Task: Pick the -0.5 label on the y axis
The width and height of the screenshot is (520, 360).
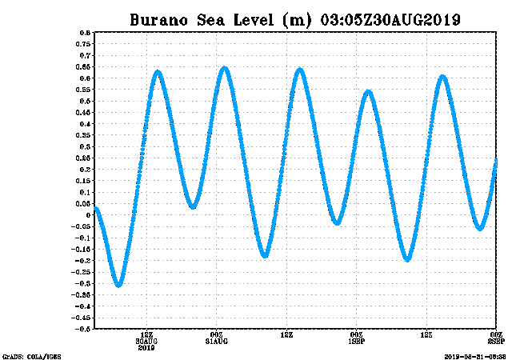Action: pyautogui.click(x=82, y=328)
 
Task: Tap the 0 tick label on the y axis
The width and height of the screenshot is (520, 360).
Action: pyautogui.click(x=87, y=214)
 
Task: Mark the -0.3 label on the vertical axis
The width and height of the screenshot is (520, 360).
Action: pyautogui.click(x=82, y=282)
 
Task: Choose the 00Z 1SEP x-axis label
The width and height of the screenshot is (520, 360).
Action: pyautogui.click(x=357, y=338)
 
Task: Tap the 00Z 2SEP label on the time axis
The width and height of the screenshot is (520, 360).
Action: pyautogui.click(x=495, y=338)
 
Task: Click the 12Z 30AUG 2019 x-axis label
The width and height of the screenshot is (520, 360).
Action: pyautogui.click(x=146, y=341)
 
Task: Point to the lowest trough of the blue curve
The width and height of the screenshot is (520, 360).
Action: pyautogui.click(x=118, y=285)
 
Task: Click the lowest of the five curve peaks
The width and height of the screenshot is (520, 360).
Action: pyautogui.click(x=368, y=91)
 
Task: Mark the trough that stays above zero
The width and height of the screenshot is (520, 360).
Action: pyautogui.click(x=193, y=207)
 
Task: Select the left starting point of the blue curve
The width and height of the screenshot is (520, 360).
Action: pyautogui.click(x=96, y=209)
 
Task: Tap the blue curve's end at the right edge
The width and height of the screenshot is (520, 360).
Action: pyautogui.click(x=496, y=161)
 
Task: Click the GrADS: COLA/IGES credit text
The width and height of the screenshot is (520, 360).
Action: pyautogui.click(x=32, y=356)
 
